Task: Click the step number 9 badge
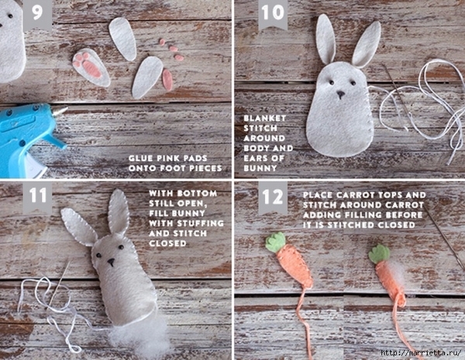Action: point(38,13)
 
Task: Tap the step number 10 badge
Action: point(273,13)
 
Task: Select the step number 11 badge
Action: point(38,196)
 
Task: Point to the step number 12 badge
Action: point(273,197)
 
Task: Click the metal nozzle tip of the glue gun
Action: point(60,111)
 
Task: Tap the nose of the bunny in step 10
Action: point(341,94)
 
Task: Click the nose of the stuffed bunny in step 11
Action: point(111,262)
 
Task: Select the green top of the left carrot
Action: point(275,242)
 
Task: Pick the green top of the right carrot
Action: point(379,254)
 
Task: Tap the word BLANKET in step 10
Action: point(264,118)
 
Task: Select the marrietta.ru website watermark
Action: point(421,352)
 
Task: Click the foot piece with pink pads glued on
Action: point(91,67)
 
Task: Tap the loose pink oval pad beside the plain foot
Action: point(167,80)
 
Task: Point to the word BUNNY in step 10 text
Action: point(260,168)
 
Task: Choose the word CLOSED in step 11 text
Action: point(167,243)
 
